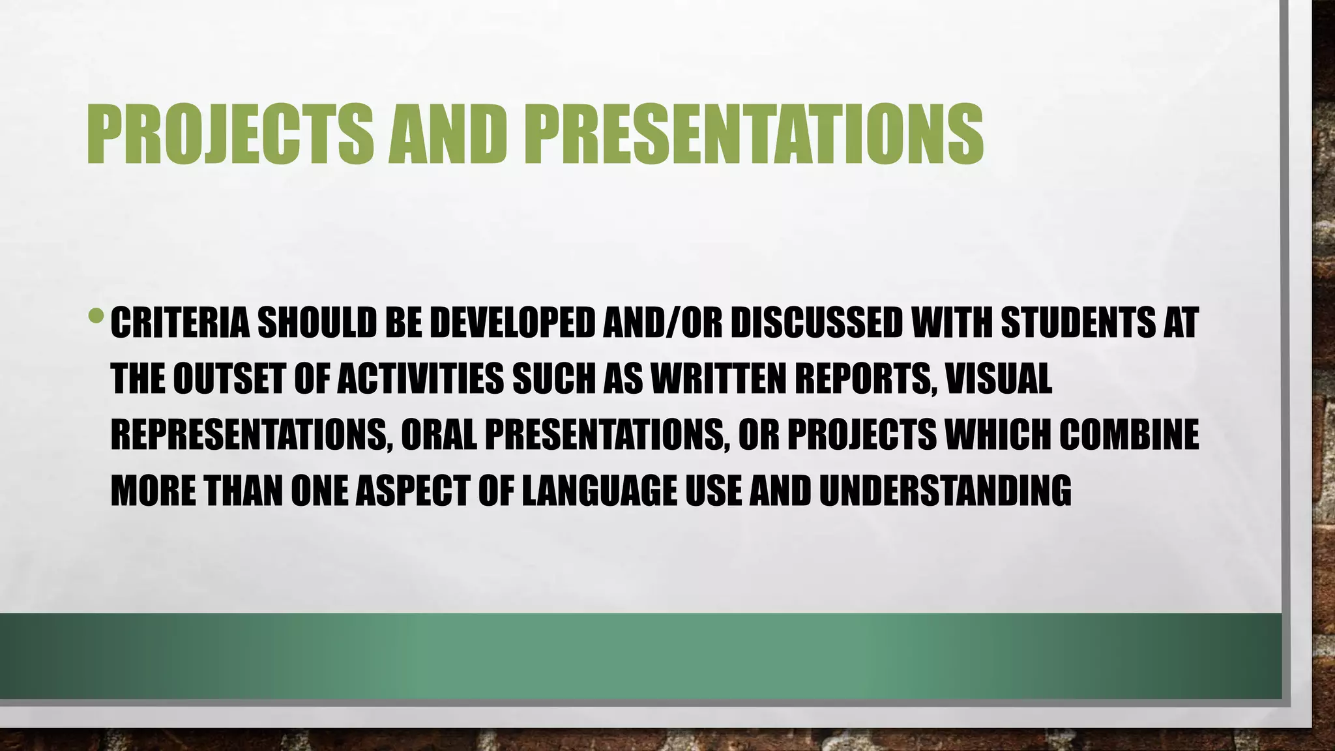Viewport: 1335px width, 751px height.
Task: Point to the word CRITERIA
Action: coord(180,323)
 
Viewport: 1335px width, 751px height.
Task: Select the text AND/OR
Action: coord(662,323)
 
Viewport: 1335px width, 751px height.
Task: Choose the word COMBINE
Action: coord(1128,435)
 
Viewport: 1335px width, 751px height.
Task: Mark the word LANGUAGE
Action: coord(599,491)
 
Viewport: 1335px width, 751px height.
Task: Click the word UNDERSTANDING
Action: coord(945,491)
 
